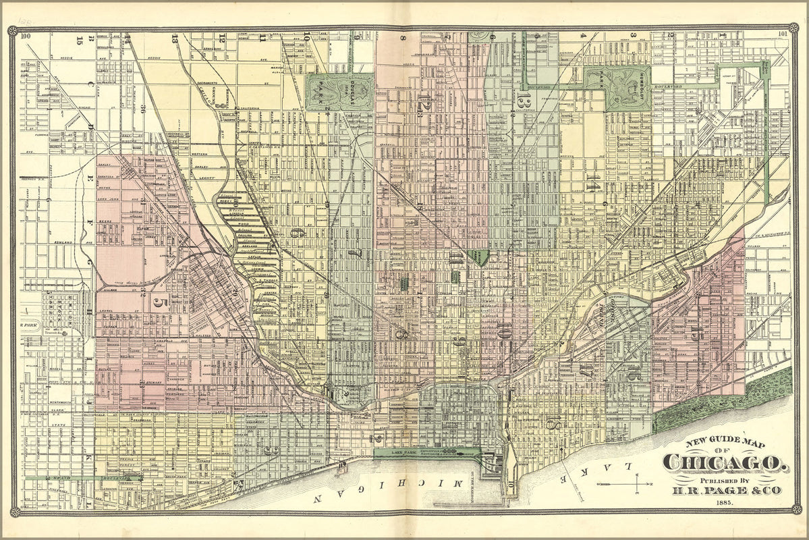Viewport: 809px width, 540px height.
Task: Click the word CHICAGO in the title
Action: (725, 463)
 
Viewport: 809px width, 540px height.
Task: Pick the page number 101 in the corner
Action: (782, 36)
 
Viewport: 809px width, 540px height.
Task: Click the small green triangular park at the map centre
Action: (479, 256)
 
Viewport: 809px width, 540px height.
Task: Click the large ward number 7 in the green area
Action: (352, 254)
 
